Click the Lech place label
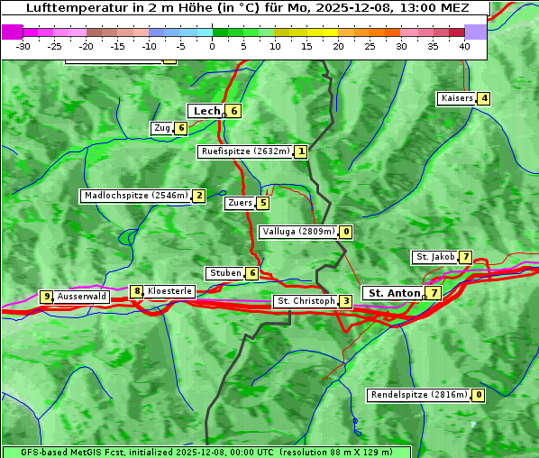[x=206, y=111]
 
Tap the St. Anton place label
[x=395, y=293]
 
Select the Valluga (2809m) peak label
[x=298, y=232]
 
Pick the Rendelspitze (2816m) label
[x=420, y=395]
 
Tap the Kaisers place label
[x=456, y=98]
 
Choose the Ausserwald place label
[x=82, y=297]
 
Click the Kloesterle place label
[x=169, y=291]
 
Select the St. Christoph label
[x=306, y=301]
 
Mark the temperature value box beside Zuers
[x=263, y=203]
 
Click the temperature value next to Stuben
[x=252, y=273]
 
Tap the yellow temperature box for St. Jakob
[x=465, y=258]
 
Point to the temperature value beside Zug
[x=181, y=128]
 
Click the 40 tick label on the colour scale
[x=464, y=46]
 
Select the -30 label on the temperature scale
[x=23, y=46]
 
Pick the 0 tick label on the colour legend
[x=212, y=46]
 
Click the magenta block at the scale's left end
[x=13, y=32]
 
